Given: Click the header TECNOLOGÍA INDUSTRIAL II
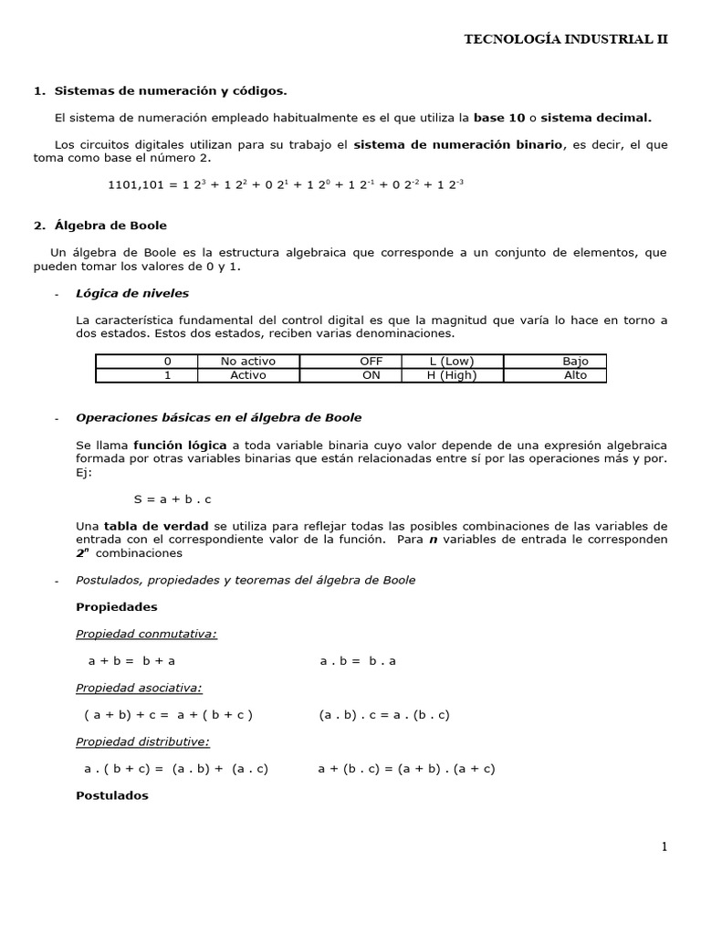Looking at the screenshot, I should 566,39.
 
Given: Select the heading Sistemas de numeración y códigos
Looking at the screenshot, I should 170,90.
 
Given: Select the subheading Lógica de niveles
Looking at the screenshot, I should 132,293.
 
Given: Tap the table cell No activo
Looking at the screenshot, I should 248,362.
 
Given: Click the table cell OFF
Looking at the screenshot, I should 371,362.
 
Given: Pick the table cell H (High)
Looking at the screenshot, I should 452,375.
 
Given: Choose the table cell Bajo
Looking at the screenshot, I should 576,362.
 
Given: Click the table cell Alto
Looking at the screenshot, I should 576,375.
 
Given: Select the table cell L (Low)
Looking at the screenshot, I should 452,362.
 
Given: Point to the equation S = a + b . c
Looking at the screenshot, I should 173,499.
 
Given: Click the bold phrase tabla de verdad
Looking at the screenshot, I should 143,527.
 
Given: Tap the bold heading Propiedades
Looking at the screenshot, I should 117,607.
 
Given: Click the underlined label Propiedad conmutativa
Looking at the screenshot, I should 146,634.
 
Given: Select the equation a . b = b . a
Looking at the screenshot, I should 358,661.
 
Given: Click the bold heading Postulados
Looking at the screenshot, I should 112,795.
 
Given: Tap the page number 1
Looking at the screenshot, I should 664,846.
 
